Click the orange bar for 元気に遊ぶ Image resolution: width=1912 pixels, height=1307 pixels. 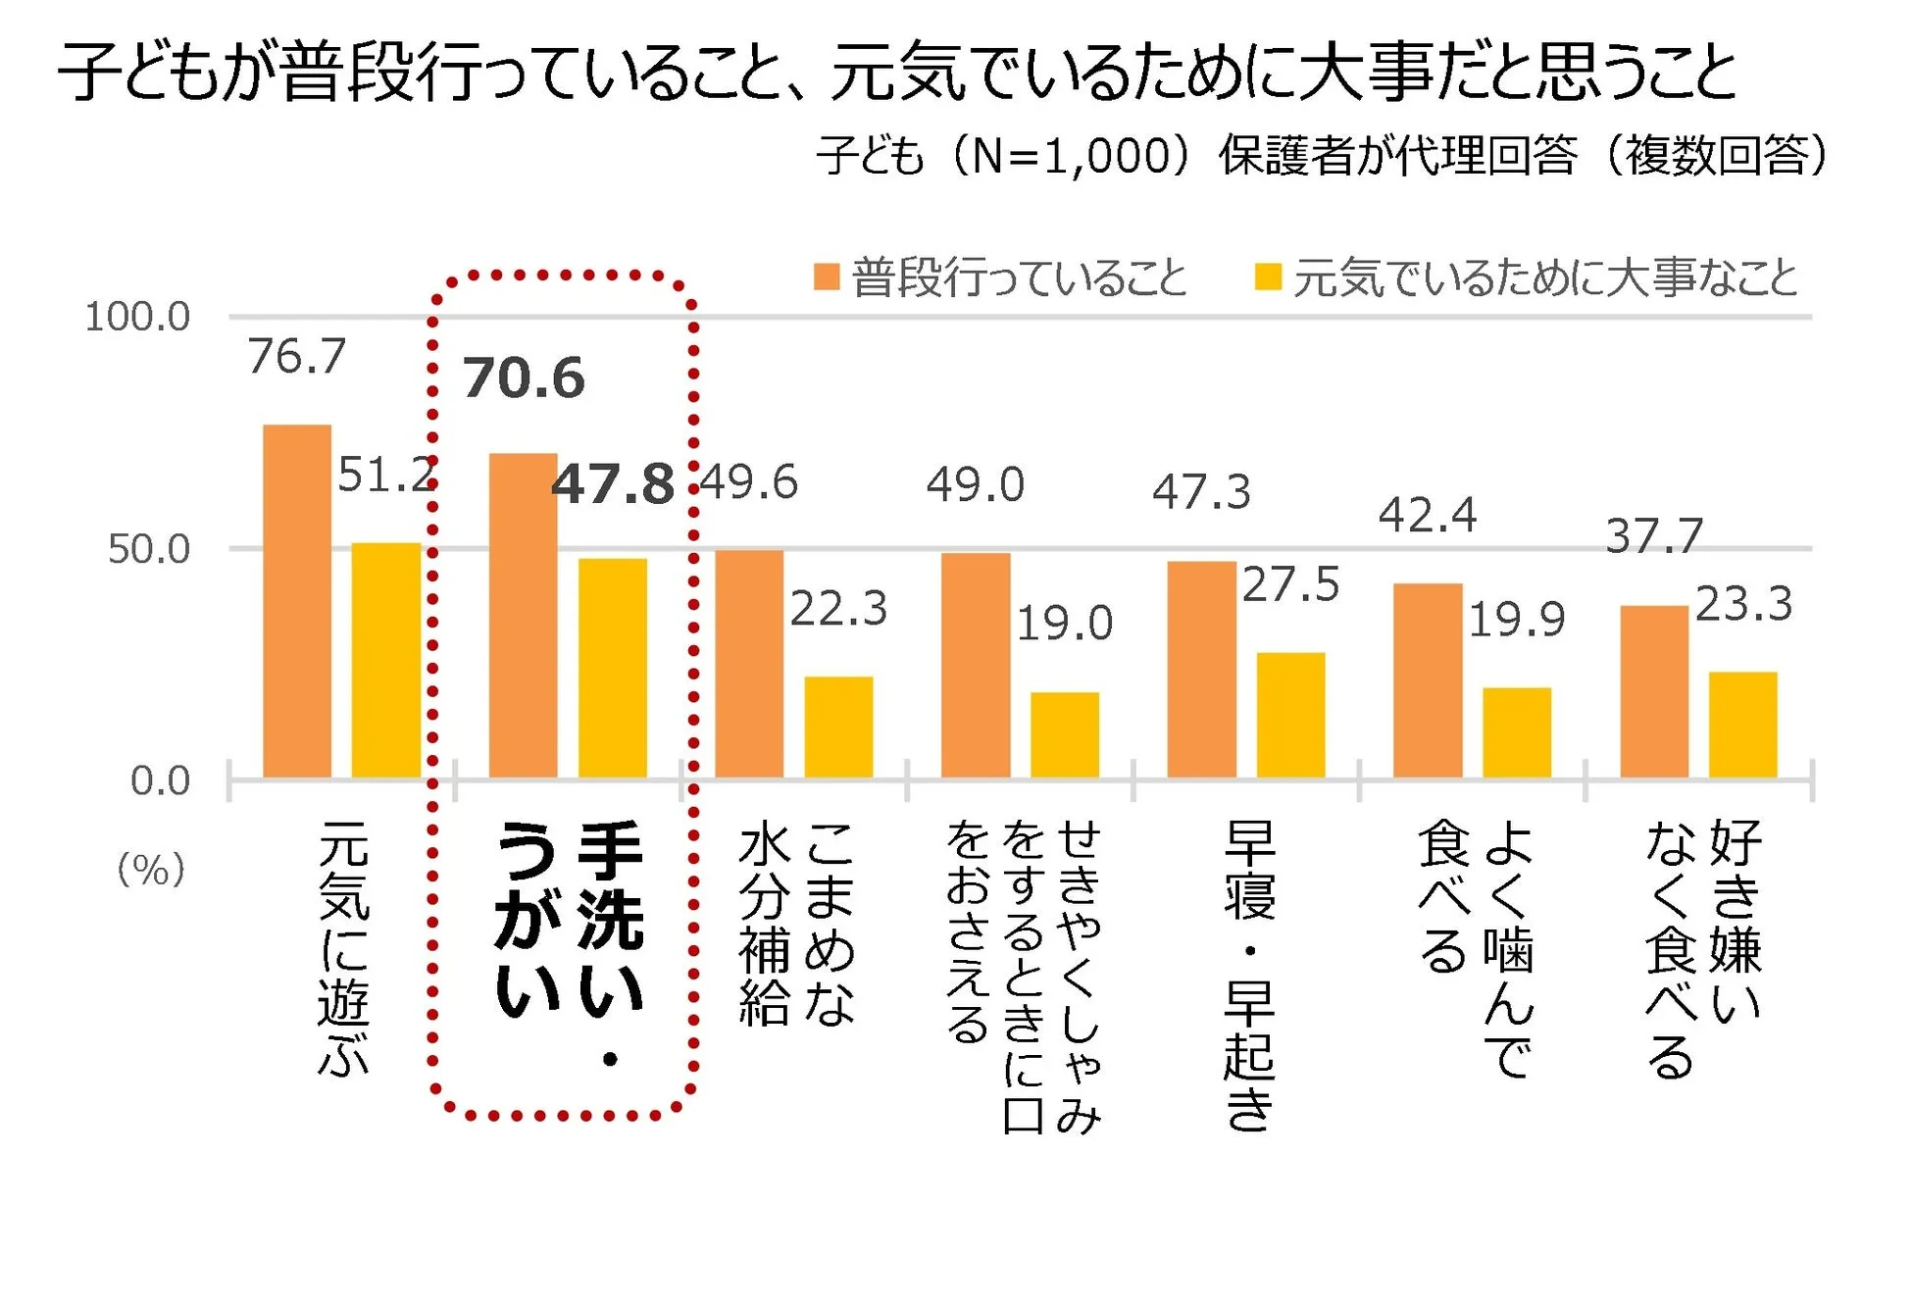coord(297,601)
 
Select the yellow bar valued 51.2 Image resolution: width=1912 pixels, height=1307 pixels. coord(386,660)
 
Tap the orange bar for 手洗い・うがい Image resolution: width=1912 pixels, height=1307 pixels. coord(523,616)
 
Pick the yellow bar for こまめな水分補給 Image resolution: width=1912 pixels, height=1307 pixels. coord(838,727)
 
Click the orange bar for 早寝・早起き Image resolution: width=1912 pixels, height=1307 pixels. coord(1201,670)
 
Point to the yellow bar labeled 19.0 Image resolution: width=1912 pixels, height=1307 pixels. coord(1064,734)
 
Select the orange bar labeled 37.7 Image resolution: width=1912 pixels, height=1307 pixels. coord(1653,691)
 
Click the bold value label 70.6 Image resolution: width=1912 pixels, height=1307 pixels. coord(524,378)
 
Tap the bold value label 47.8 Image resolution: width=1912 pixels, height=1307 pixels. coord(613,484)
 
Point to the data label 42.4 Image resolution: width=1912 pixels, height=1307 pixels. coord(1427,516)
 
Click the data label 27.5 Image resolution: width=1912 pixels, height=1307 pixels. coord(1290,585)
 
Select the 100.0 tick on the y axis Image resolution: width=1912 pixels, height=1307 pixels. coord(137,317)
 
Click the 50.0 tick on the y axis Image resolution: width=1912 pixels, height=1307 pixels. coord(149,549)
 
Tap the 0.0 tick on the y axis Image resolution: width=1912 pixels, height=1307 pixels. coord(160,781)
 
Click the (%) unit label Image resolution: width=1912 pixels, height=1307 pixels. coord(151,870)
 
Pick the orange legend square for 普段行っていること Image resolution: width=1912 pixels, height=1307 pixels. coord(827,277)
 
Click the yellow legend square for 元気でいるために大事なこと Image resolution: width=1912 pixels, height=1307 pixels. coord(1268,277)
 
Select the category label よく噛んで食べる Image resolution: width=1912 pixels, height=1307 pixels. coord(1475,946)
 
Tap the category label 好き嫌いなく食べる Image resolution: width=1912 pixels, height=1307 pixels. coord(1702,946)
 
